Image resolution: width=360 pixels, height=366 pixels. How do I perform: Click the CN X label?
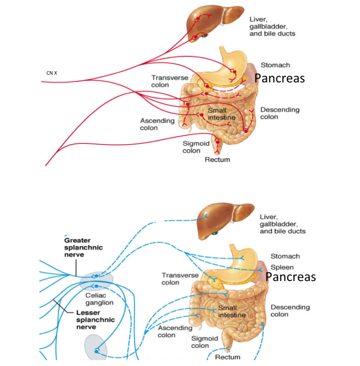click(x=52, y=73)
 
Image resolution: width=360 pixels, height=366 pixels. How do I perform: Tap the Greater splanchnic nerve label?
click(x=83, y=247)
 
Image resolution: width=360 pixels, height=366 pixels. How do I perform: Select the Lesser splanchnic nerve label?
click(x=95, y=320)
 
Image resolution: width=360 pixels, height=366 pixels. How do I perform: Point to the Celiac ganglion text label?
click(x=99, y=299)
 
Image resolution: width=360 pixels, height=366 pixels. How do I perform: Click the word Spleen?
click(x=282, y=268)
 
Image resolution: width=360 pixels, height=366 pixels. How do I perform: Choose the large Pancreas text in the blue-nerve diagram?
click(x=290, y=277)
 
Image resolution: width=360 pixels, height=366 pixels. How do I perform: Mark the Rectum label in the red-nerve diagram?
click(x=217, y=160)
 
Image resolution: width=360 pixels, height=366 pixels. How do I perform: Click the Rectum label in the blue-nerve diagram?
click(x=228, y=357)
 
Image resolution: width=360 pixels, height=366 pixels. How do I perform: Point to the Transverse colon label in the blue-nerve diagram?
click(x=174, y=279)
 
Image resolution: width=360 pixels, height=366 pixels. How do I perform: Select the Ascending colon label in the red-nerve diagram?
click(x=157, y=124)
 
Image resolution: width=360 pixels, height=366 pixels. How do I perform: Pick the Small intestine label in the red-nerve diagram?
click(x=221, y=114)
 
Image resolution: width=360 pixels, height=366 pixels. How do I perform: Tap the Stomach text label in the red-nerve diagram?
click(x=275, y=65)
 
